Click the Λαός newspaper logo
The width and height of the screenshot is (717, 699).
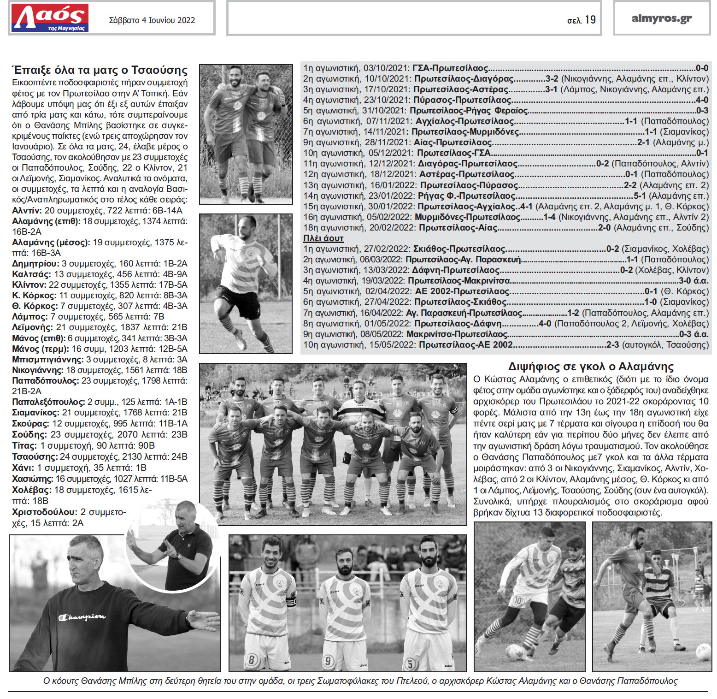(50, 18)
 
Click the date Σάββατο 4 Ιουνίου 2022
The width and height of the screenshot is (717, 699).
(152, 20)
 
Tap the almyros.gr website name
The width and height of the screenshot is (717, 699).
(662, 18)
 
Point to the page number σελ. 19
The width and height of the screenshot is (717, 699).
(581, 20)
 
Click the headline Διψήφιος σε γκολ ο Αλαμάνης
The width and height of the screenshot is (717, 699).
(590, 367)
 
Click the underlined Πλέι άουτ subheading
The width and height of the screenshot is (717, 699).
(323, 238)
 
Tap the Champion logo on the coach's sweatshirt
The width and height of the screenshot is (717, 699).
(82, 617)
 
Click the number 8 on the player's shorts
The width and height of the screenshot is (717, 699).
(252, 659)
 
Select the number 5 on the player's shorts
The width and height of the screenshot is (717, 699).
(410, 664)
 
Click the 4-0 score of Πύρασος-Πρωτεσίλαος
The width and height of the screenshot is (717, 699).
(702, 100)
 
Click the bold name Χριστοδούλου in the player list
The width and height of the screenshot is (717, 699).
(44, 512)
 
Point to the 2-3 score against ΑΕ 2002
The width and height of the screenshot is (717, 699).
(612, 345)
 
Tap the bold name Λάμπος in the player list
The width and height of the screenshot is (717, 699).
(29, 317)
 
